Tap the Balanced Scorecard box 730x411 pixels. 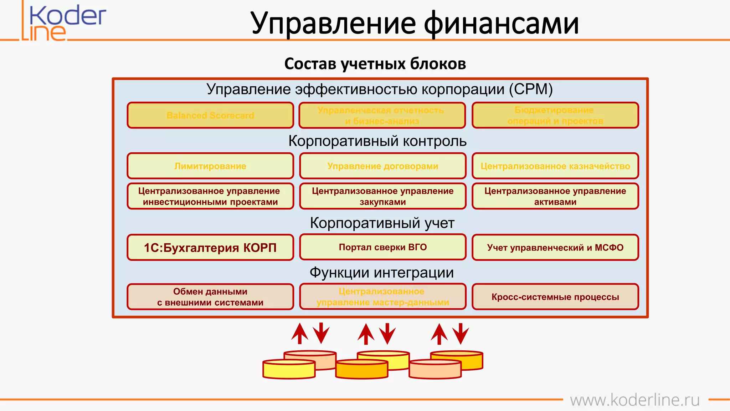pos(210,115)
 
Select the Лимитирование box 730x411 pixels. pos(210,166)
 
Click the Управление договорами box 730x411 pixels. pos(382,166)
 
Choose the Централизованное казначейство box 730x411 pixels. pos(555,166)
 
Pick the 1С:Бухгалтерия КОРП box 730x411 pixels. pos(210,247)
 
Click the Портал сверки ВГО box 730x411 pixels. pos(382,247)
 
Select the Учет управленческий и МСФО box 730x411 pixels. pos(555,247)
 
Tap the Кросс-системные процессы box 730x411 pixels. pos(555,296)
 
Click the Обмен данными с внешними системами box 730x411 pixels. pos(210,296)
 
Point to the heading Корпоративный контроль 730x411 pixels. pos(377,141)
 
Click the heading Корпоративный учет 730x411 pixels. pos(382,223)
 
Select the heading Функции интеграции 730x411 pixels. pos(381,273)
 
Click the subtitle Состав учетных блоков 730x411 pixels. pos(375,64)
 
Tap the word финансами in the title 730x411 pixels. pos(501,23)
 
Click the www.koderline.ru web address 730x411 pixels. pos(634,400)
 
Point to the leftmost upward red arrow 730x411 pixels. pos(299,334)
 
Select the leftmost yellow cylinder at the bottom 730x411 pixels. pos(289,369)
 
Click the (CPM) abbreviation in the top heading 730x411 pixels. pos(531,89)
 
